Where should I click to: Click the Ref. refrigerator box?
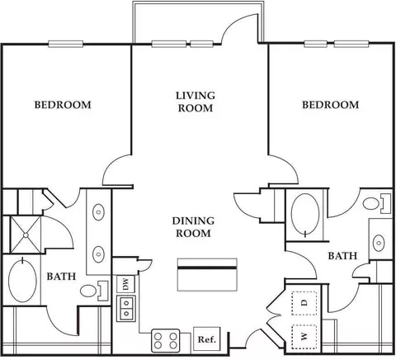point(207,339)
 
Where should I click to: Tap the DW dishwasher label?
point(125,284)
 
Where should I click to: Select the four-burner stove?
point(166,340)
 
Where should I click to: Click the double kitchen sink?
point(126,309)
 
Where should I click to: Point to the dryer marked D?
point(304,303)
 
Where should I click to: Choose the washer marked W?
point(304,337)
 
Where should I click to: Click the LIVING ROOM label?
point(196,102)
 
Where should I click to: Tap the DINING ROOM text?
point(193,227)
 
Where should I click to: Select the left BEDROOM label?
point(63,105)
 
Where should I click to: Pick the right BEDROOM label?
point(331,105)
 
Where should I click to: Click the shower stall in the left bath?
point(26,234)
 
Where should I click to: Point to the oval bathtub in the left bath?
point(22,280)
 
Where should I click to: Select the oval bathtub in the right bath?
point(305,214)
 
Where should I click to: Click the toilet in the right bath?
point(377,204)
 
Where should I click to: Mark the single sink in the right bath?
point(379,243)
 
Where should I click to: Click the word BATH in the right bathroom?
point(342,256)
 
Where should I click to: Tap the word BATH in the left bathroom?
point(61,277)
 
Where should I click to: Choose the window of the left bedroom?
point(66,44)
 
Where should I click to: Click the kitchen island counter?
point(207,275)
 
